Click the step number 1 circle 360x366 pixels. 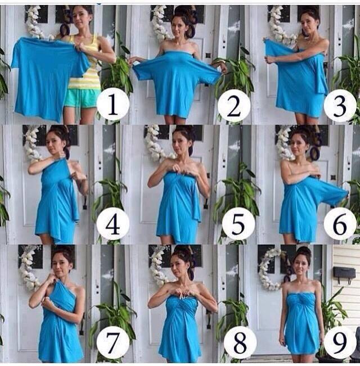click(x=112, y=105)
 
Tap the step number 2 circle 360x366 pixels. click(x=233, y=106)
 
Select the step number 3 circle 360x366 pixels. click(x=340, y=106)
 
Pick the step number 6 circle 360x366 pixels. click(x=340, y=224)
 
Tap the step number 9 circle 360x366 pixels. click(x=340, y=342)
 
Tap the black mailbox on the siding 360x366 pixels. click(x=344, y=273)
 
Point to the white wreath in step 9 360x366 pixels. click(x=268, y=268)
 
